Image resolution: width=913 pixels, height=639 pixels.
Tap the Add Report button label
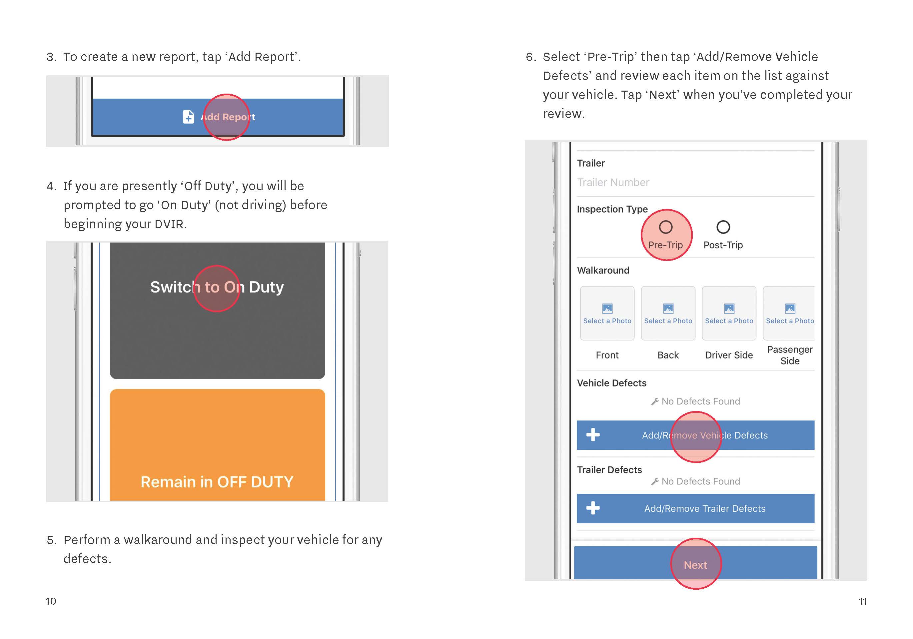coord(228,117)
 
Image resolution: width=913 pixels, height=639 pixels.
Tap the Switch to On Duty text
coord(217,287)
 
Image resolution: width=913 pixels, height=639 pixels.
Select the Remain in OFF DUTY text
coord(217,482)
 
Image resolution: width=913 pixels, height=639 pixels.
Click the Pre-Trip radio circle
coord(666,227)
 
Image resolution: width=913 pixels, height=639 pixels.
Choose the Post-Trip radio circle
coord(723,227)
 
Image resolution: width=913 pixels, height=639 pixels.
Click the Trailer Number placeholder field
coord(613,183)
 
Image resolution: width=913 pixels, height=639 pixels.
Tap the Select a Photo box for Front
coord(607,314)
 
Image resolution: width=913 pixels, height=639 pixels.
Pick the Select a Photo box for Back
coord(668,314)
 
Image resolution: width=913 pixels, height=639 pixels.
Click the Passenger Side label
coord(790,355)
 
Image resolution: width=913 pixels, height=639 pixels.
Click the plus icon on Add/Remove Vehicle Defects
coord(593,435)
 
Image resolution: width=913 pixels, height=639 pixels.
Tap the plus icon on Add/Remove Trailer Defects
coord(593,508)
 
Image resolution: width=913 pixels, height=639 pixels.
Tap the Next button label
coord(695,565)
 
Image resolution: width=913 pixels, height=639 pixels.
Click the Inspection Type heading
coord(612,209)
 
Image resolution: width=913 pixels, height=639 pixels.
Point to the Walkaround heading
coord(603,271)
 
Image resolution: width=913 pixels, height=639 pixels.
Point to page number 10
coord(51,601)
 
